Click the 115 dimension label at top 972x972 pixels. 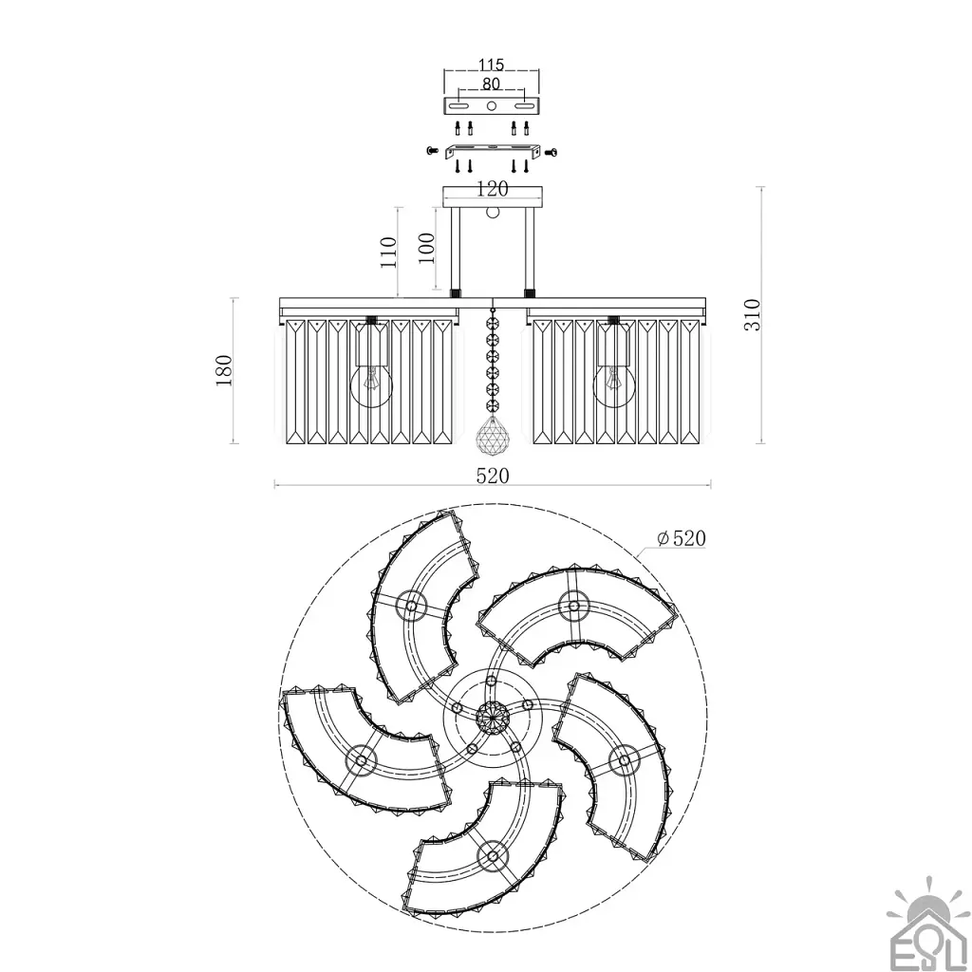pos(491,65)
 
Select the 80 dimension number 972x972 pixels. pos(491,84)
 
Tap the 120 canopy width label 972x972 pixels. pos(492,189)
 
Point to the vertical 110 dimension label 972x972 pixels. pos(388,252)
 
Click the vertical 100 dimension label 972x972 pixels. pos(426,248)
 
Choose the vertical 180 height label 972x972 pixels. pos(223,371)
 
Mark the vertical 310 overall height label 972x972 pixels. pos(752,315)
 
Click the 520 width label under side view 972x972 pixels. pos(493,476)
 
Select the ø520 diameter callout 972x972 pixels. pos(682,538)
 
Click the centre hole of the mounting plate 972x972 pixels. pos(491,106)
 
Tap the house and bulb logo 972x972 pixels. pos(928,924)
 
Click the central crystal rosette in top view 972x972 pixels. pos(493,720)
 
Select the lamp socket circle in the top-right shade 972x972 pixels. pos(573,606)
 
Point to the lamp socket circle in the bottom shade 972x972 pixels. pos(493,856)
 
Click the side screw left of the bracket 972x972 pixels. pos(433,151)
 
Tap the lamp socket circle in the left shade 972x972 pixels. pos(361,758)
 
